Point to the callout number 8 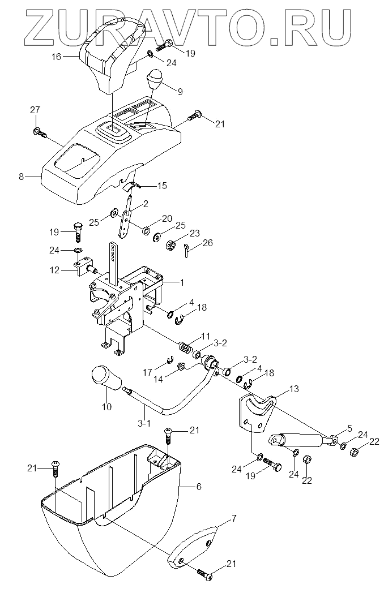pyautogui.click(x=22, y=177)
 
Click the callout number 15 pyautogui.click(x=162, y=185)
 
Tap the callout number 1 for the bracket pyautogui.click(x=181, y=281)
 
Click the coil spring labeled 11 pyautogui.click(x=184, y=346)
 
